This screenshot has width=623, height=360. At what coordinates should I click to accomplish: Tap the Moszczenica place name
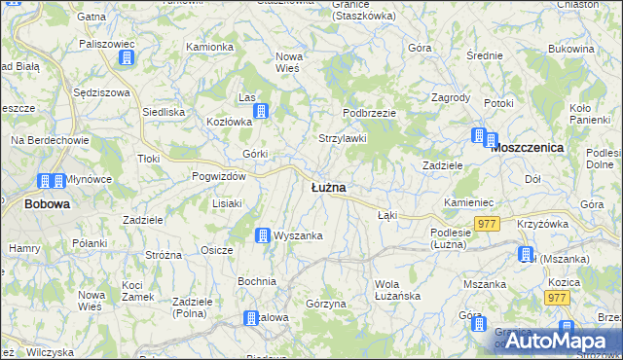point(529,147)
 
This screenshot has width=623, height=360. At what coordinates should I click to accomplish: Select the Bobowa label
point(47,204)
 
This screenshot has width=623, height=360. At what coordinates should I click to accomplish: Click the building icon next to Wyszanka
point(262,235)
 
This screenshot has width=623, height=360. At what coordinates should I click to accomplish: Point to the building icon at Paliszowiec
point(126,58)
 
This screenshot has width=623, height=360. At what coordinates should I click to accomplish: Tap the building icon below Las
point(261,113)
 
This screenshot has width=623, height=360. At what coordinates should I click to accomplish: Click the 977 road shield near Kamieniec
point(488,224)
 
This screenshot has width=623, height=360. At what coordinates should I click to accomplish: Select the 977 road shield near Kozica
point(557,298)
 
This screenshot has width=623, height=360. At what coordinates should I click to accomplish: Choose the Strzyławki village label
point(343,138)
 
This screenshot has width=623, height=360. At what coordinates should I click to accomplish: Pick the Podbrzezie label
point(369,113)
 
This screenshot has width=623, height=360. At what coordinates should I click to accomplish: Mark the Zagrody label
point(451,98)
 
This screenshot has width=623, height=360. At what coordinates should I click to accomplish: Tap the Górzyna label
point(325,304)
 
